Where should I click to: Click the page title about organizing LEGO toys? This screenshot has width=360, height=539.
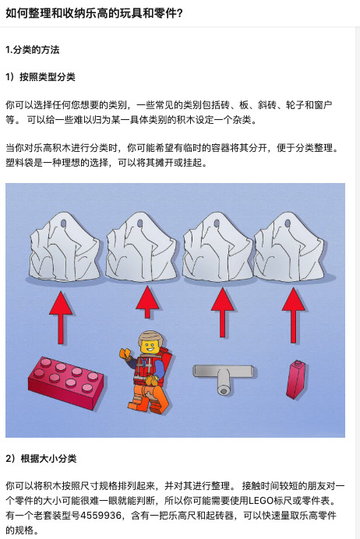pos(94,13)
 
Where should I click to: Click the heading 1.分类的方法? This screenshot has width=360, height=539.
pos(32,50)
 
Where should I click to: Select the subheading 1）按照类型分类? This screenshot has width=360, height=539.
pos(41,77)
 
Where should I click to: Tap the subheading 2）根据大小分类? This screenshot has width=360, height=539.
pos(41,459)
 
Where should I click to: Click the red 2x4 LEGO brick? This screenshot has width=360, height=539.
pos(66,382)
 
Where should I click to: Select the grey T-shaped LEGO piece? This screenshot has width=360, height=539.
pos(224,378)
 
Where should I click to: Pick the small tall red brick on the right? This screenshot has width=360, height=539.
pos(296,379)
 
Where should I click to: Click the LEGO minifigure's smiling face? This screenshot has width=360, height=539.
pos(150,346)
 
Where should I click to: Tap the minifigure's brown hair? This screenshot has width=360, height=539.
pos(150,336)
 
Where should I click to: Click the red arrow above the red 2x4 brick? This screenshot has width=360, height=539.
pos(61,318)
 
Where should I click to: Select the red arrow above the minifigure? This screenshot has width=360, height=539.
pos(147,302)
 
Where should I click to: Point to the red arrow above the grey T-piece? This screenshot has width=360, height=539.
pos(222,312)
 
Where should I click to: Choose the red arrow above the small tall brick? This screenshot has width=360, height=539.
pos(293,315)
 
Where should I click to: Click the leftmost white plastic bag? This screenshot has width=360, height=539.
pos(65,248)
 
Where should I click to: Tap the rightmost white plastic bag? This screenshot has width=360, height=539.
pos(289,247)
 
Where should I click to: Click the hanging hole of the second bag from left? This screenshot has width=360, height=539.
pos(140,224)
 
